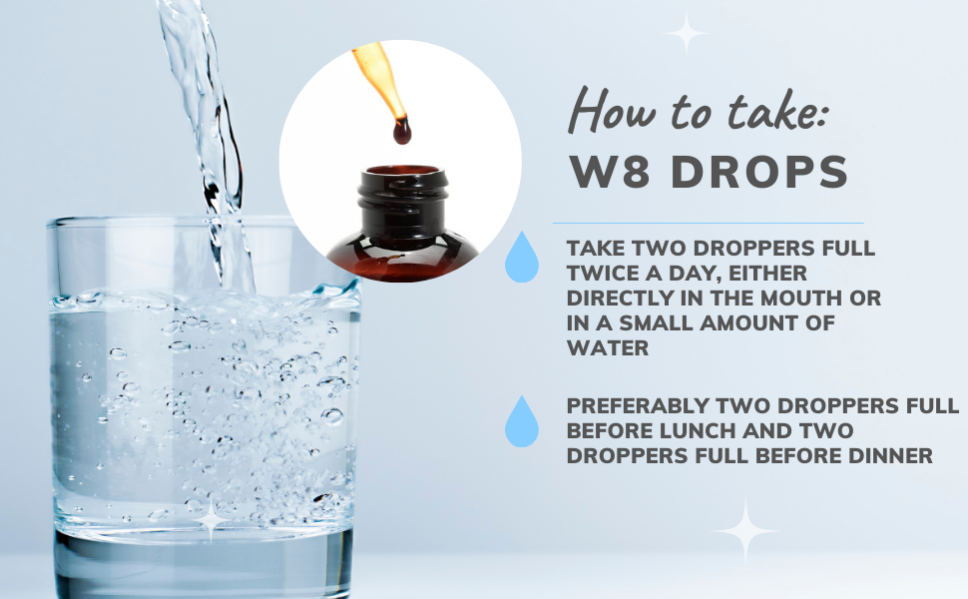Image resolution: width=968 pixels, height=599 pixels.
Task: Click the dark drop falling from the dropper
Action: click(401, 130)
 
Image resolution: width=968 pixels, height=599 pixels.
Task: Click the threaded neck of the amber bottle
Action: click(398, 200)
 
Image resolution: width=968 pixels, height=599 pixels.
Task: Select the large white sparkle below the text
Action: click(744, 531)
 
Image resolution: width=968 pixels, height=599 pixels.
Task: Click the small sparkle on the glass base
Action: click(212, 518)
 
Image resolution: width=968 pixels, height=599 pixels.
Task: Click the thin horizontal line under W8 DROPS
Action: click(709, 223)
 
